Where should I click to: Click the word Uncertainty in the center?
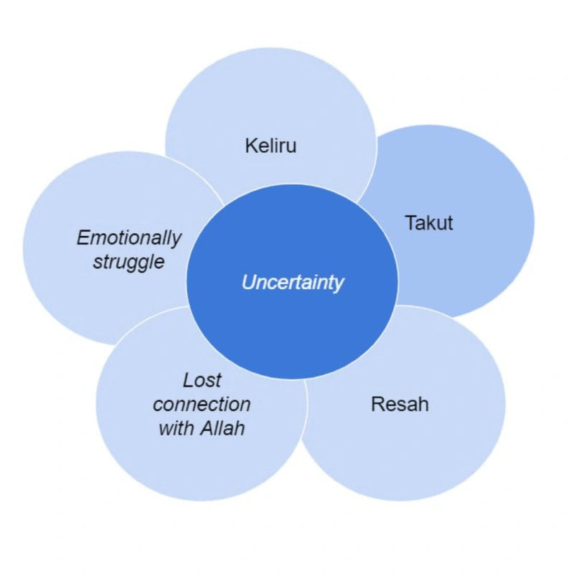pos(293,283)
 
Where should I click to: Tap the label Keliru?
pos(270,146)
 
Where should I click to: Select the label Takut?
pos(429,222)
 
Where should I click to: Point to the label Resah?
pos(400,404)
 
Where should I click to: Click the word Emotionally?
pos(129,237)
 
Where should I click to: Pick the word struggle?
pos(128,261)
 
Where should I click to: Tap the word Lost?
pos(202,380)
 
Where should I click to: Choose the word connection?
pos(202,404)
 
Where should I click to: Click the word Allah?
pos(222,428)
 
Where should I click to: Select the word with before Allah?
pos(175,428)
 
